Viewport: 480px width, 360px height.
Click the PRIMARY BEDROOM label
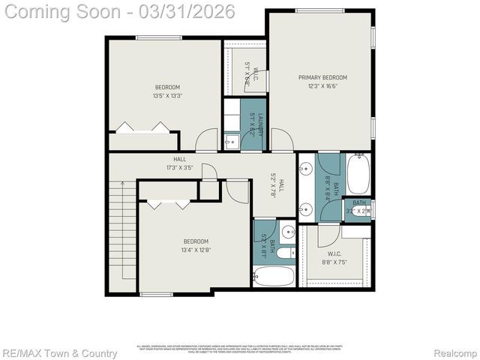tap(322, 77)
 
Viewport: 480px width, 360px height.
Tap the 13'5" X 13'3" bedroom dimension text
tap(166, 95)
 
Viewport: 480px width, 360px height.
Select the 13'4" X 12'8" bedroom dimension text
tap(196, 250)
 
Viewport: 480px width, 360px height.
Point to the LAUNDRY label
tap(260, 122)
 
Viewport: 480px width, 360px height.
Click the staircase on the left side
tap(122, 236)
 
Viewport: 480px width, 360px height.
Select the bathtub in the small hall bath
tap(274, 276)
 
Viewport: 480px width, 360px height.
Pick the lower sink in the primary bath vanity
tap(305, 206)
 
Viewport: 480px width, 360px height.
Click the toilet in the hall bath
tap(287, 231)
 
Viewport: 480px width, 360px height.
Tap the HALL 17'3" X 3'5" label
tap(180, 163)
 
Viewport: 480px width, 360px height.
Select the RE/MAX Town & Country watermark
tap(59, 353)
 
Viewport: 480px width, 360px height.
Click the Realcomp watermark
tap(455, 353)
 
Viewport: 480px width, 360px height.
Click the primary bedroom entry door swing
tap(281, 141)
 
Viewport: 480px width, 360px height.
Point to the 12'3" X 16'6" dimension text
tap(322, 86)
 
